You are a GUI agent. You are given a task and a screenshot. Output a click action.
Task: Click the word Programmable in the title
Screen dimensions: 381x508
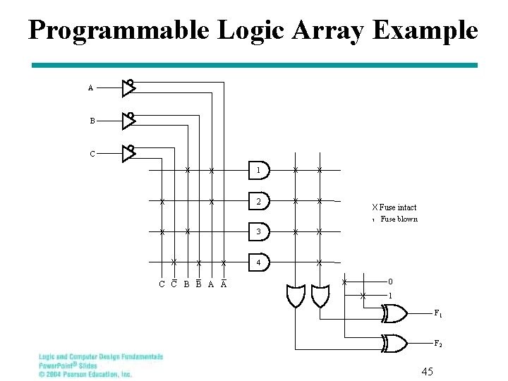click(x=119, y=30)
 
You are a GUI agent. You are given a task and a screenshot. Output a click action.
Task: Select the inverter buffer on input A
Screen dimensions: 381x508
click(x=128, y=87)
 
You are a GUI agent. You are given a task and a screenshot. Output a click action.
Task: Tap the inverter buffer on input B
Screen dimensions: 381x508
click(x=128, y=121)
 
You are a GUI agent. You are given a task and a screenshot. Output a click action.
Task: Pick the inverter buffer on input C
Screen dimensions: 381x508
click(x=128, y=153)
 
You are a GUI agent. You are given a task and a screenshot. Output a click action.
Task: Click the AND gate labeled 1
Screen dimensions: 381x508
click(x=260, y=171)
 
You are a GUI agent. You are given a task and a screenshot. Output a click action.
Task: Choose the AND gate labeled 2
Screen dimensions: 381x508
click(x=260, y=202)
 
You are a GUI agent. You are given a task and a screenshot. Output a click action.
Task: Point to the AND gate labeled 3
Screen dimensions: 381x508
click(x=260, y=231)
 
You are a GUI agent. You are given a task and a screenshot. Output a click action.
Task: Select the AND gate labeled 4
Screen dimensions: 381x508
click(x=260, y=262)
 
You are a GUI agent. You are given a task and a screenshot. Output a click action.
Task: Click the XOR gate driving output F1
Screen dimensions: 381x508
click(x=394, y=313)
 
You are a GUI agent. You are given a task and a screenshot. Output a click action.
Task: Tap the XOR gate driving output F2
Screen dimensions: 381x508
click(x=394, y=344)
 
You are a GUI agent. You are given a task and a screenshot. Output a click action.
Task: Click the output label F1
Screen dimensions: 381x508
click(x=437, y=313)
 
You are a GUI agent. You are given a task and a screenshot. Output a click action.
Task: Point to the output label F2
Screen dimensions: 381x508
click(x=437, y=344)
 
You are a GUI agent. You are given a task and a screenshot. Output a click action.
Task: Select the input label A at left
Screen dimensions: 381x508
click(x=90, y=88)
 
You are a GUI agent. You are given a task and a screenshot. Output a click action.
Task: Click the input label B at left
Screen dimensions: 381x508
click(x=92, y=121)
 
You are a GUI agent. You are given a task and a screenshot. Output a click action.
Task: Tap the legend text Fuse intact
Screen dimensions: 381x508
click(x=398, y=207)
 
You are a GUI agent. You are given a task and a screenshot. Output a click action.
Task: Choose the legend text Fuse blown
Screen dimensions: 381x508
click(x=399, y=219)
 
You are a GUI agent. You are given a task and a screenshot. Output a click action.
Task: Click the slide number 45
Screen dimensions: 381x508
click(x=427, y=371)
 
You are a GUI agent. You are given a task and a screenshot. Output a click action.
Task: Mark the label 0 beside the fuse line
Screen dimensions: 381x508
click(x=390, y=282)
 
